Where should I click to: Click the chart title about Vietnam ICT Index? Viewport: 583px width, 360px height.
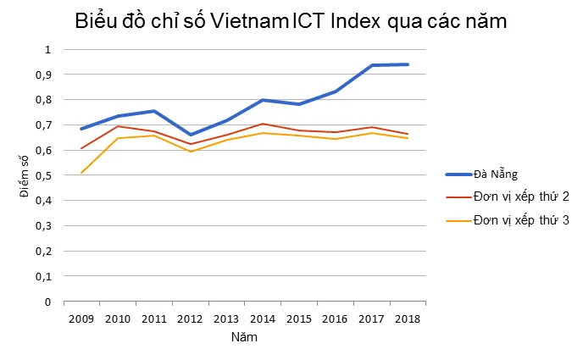[x=291, y=21]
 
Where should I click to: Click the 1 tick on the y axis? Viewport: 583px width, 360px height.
[x=48, y=49]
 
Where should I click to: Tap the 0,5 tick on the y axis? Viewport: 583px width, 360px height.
[x=43, y=175]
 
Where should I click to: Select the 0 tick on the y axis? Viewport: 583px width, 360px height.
[x=48, y=302]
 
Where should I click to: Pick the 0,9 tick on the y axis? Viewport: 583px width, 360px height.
[x=43, y=75]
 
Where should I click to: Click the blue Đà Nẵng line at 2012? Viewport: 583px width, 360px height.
[x=191, y=135]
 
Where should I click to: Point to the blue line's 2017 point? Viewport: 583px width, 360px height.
[x=372, y=65]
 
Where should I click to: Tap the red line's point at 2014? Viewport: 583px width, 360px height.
[x=264, y=124]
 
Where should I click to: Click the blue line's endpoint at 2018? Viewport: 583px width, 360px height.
[x=408, y=64]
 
